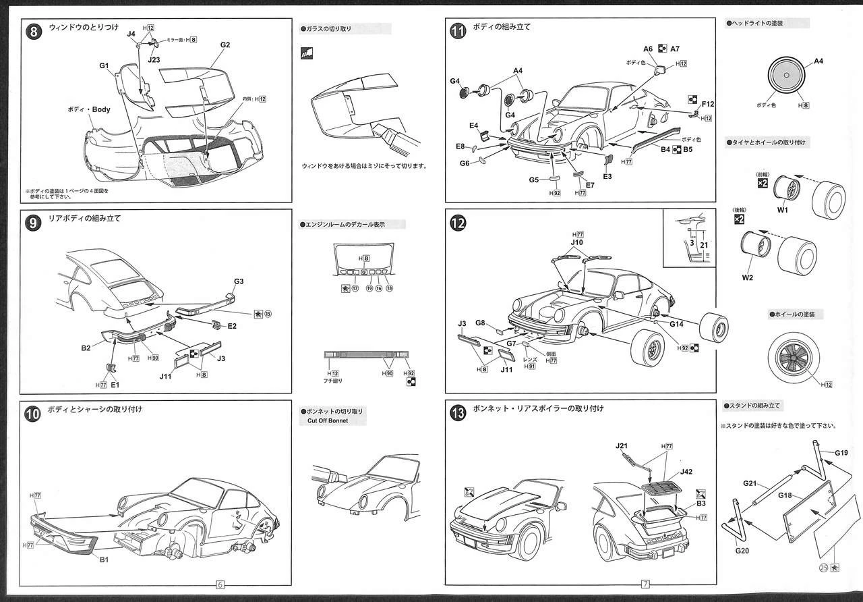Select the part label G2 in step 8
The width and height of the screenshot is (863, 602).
pos(225,45)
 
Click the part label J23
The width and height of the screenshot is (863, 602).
pos(154,60)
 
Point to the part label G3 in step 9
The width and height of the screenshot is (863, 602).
pos(239,281)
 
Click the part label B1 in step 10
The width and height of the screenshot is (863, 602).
pos(105,559)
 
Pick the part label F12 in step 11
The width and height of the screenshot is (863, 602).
pos(707,105)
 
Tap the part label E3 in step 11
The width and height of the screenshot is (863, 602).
pos(607,176)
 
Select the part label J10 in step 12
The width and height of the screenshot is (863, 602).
pos(576,242)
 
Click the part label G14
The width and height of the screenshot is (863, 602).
pos(676,324)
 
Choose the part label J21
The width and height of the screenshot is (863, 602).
pos(622,446)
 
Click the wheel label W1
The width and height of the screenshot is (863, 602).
pos(783,210)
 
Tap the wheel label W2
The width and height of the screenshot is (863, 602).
pos(746,277)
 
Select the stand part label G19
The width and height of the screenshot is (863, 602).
pos(841,453)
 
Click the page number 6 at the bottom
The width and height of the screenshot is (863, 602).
pos(220,584)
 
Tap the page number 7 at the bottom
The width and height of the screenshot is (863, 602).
pos(645,584)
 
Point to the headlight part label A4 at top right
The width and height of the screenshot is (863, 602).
pos(819,61)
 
